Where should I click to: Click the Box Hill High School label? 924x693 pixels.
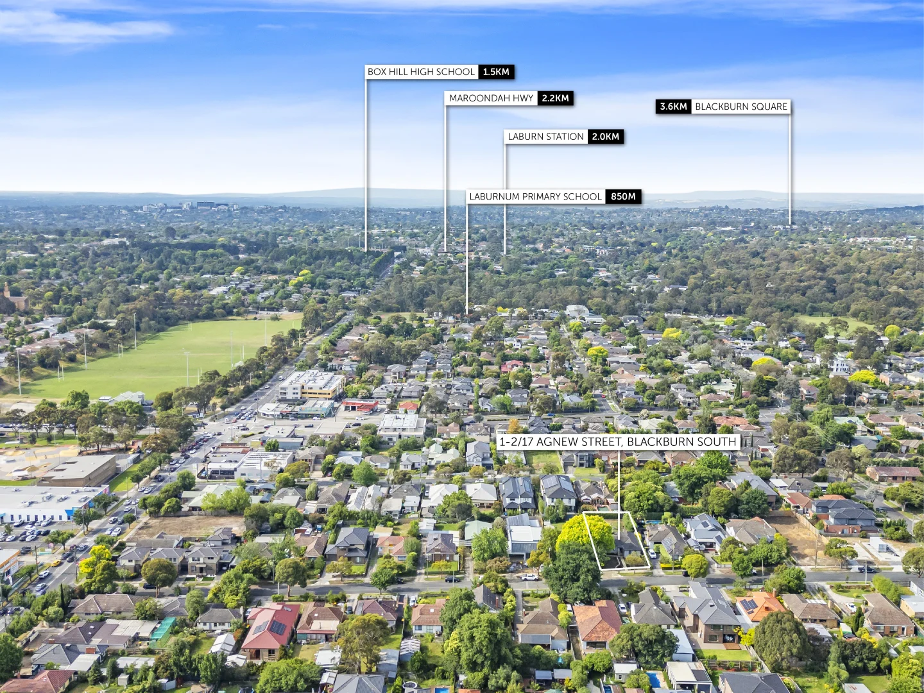tap(421, 72)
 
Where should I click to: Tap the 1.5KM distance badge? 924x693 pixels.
tap(496, 72)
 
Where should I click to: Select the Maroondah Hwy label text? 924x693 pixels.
tap(491, 98)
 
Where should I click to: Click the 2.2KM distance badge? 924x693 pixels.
tap(555, 98)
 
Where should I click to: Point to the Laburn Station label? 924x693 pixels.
tap(545, 137)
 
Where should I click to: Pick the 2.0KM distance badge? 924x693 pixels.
tap(606, 137)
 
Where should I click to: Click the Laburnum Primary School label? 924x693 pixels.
tap(535, 197)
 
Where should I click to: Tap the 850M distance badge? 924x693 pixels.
tap(623, 197)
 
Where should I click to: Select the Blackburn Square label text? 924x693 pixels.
tap(741, 107)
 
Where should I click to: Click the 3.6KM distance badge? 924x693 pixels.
tap(673, 107)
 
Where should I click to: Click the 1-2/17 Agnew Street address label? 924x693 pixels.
tap(618, 441)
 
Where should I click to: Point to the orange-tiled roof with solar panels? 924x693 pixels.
tap(759, 605)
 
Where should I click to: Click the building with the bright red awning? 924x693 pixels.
tap(360, 405)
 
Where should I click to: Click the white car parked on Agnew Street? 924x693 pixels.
tap(529, 576)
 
